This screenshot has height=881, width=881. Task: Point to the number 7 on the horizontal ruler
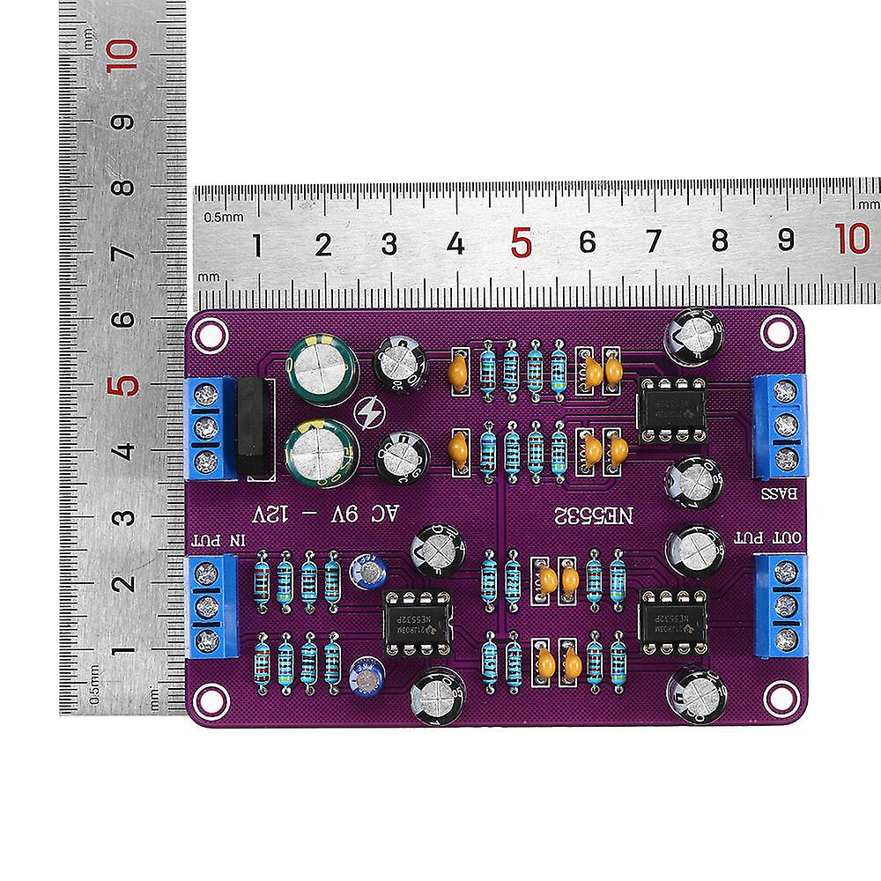[654, 242]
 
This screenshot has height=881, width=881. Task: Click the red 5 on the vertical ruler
[126, 385]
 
